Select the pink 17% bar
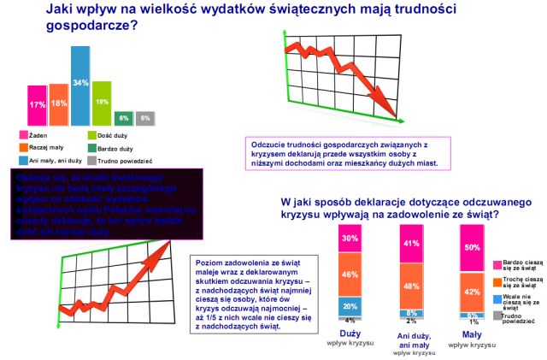pos(36,105)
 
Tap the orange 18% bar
pos(59,103)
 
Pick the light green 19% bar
pos(102,102)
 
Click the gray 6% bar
pos(145,117)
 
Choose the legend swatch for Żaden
pos(22,134)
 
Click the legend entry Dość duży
pos(116,134)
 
